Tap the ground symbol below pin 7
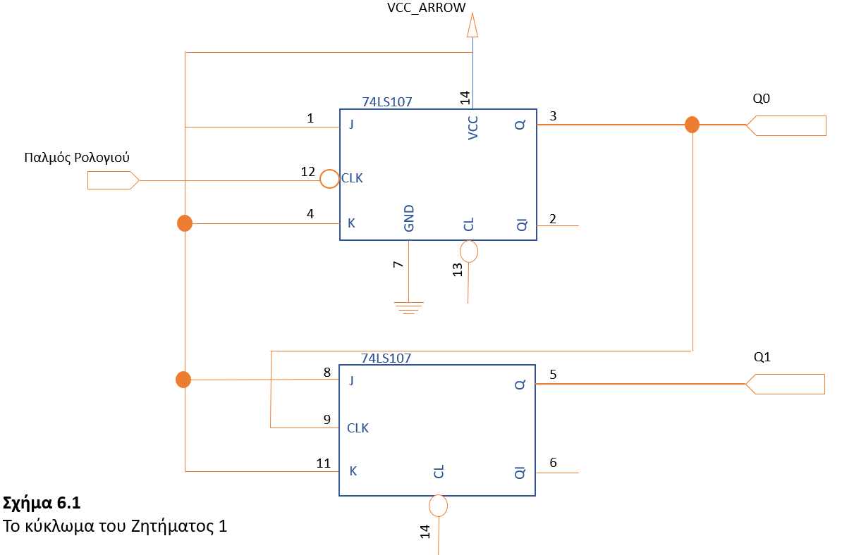coord(408,307)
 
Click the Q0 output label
coord(761,99)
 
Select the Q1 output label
coord(762,357)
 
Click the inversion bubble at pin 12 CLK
coord(329,179)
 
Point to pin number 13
coord(458,270)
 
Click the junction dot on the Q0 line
coord(692,125)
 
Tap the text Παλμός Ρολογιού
coord(77,157)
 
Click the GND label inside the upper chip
coord(409,218)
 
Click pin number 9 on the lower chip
coord(327,419)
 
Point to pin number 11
coord(323,463)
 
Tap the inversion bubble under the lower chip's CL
coord(439,505)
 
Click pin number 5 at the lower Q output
coord(553,375)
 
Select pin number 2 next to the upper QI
coord(553,218)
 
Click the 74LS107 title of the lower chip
coord(386,358)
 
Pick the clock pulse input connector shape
coord(112,180)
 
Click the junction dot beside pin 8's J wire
coord(183,380)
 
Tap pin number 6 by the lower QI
coord(553,463)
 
